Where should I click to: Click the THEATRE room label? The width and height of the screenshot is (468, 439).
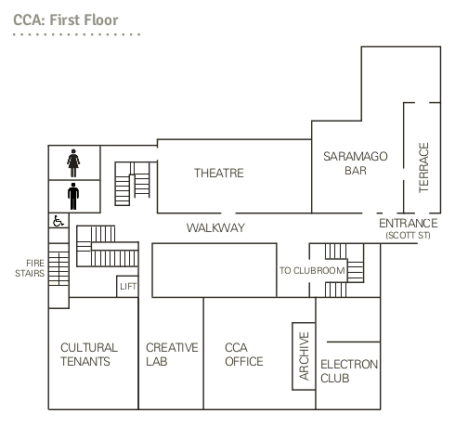219,173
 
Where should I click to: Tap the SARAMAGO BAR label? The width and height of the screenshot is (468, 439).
356,163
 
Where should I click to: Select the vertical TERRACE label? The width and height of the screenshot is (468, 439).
423,168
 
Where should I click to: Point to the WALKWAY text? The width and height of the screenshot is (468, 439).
215,228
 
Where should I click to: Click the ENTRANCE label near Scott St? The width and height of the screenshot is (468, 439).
409,223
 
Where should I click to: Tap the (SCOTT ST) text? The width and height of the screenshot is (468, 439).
409,236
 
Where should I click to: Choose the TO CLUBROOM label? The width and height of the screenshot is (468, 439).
312,271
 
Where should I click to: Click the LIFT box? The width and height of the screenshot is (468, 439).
127,287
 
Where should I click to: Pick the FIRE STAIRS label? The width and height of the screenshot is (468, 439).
30,268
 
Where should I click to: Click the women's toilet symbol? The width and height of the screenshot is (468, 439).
73,163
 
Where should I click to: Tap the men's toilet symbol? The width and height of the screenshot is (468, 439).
73,196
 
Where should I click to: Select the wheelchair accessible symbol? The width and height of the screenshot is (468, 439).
58,221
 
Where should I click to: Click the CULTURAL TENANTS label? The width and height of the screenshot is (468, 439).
89,355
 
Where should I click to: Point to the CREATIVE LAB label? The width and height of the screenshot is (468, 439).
172,355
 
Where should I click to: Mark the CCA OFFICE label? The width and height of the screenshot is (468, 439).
244,355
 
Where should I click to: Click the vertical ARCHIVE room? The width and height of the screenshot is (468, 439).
304,356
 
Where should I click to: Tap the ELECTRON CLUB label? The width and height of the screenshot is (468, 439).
349,371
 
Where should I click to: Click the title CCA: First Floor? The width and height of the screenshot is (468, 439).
66,20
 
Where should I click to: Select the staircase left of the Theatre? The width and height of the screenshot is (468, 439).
133,184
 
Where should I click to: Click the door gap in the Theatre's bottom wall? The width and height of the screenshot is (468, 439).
228,213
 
